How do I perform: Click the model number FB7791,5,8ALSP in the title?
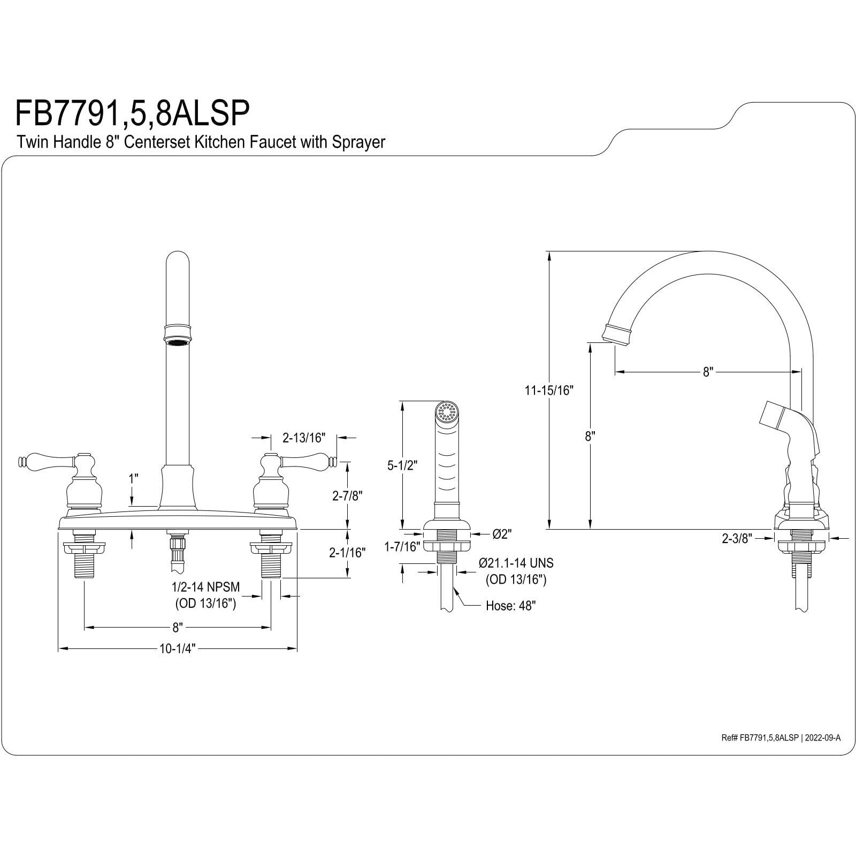pos(132,113)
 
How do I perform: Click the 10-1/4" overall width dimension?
pos(178,649)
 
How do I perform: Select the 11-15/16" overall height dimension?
pos(548,390)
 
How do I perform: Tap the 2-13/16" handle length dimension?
pos(303,438)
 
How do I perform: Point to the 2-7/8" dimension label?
pos(347,496)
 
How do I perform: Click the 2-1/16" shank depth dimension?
pos(347,553)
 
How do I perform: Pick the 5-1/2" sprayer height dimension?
pos(402,465)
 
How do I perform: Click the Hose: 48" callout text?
pos(510,606)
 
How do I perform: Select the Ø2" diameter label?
pos(502,534)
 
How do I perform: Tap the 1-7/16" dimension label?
pos(402,546)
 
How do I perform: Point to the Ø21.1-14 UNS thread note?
pos(516,563)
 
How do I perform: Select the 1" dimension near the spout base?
pos(133,478)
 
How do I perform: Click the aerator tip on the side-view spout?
pos(615,333)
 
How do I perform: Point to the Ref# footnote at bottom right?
pos(781,738)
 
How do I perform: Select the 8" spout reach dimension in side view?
pos(708,372)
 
